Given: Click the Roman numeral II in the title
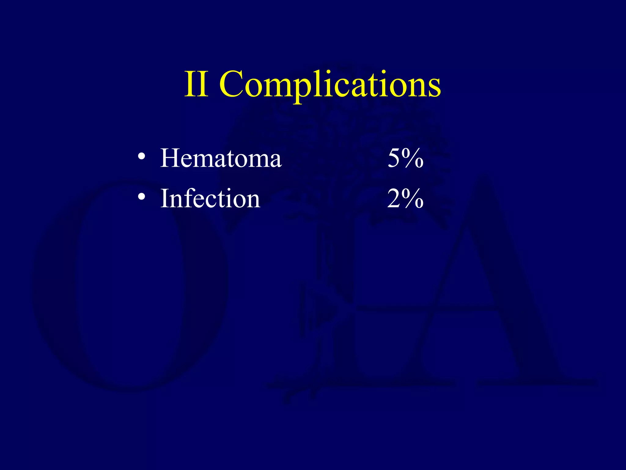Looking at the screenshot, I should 197,84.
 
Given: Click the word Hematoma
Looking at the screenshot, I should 221,158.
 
